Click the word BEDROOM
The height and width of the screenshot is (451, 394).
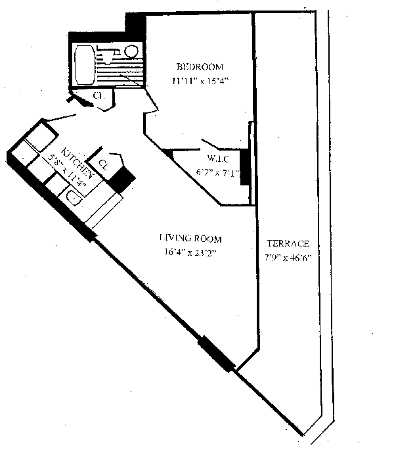pyautogui.click(x=200, y=67)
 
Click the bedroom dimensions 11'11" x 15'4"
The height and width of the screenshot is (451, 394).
pyautogui.click(x=199, y=82)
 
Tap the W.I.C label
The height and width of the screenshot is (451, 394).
pyautogui.click(x=217, y=158)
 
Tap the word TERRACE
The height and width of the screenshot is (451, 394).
pyautogui.click(x=288, y=244)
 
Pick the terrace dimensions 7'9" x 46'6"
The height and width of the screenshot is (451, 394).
pyautogui.click(x=288, y=258)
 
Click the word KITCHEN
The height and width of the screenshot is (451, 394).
pyautogui.click(x=72, y=157)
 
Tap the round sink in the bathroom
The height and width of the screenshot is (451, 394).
pyautogui.click(x=131, y=51)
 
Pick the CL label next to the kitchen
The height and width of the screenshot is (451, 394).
pyautogui.click(x=103, y=163)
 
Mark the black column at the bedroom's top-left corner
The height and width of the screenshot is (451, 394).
pyautogui.click(x=135, y=25)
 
